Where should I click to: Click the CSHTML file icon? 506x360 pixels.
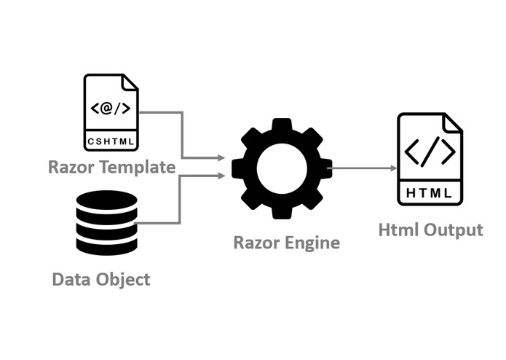pos(111,111)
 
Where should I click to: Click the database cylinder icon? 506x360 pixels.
pos(106,222)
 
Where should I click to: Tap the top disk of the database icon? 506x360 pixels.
pos(106,199)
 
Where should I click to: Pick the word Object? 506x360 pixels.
pos(123,279)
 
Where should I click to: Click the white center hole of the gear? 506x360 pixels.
pos(282,168)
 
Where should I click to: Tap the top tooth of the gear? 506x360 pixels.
pos(282,126)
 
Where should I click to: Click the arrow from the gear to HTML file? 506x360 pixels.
pos(364,168)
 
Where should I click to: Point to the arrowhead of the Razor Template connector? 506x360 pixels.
pos(220,157)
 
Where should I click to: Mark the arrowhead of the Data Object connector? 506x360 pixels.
pos(220,175)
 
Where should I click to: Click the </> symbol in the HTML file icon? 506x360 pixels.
pos(430,152)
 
